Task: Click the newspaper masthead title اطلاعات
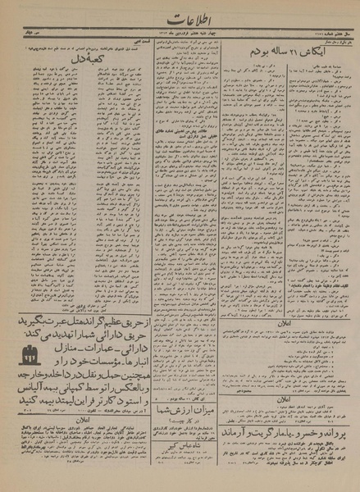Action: click(179, 18)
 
